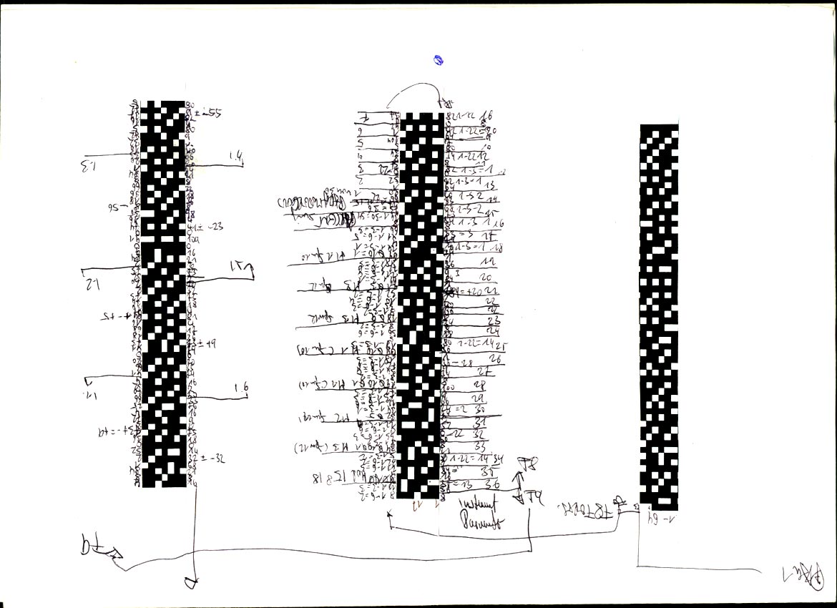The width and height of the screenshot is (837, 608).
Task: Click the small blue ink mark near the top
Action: coord(439,61)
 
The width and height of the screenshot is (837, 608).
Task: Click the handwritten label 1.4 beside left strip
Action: coord(236,156)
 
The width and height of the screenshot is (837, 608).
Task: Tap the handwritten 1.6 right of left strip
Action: coord(241,388)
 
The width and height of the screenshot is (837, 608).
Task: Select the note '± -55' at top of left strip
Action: coord(207,112)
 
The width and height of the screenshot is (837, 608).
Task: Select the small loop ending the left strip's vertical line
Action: coord(190,583)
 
